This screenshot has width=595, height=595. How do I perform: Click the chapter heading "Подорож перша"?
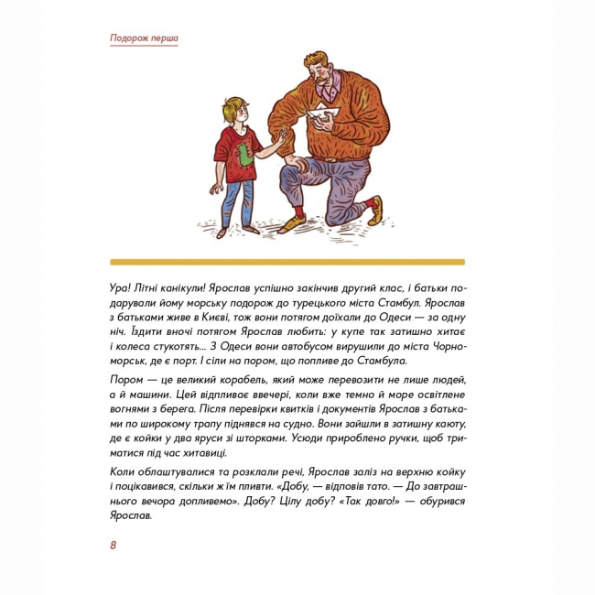click(144, 38)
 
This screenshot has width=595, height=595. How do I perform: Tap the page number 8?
click(113, 546)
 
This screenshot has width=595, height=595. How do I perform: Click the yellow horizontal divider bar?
click(287, 262)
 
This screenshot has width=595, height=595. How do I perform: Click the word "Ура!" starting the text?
click(119, 287)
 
